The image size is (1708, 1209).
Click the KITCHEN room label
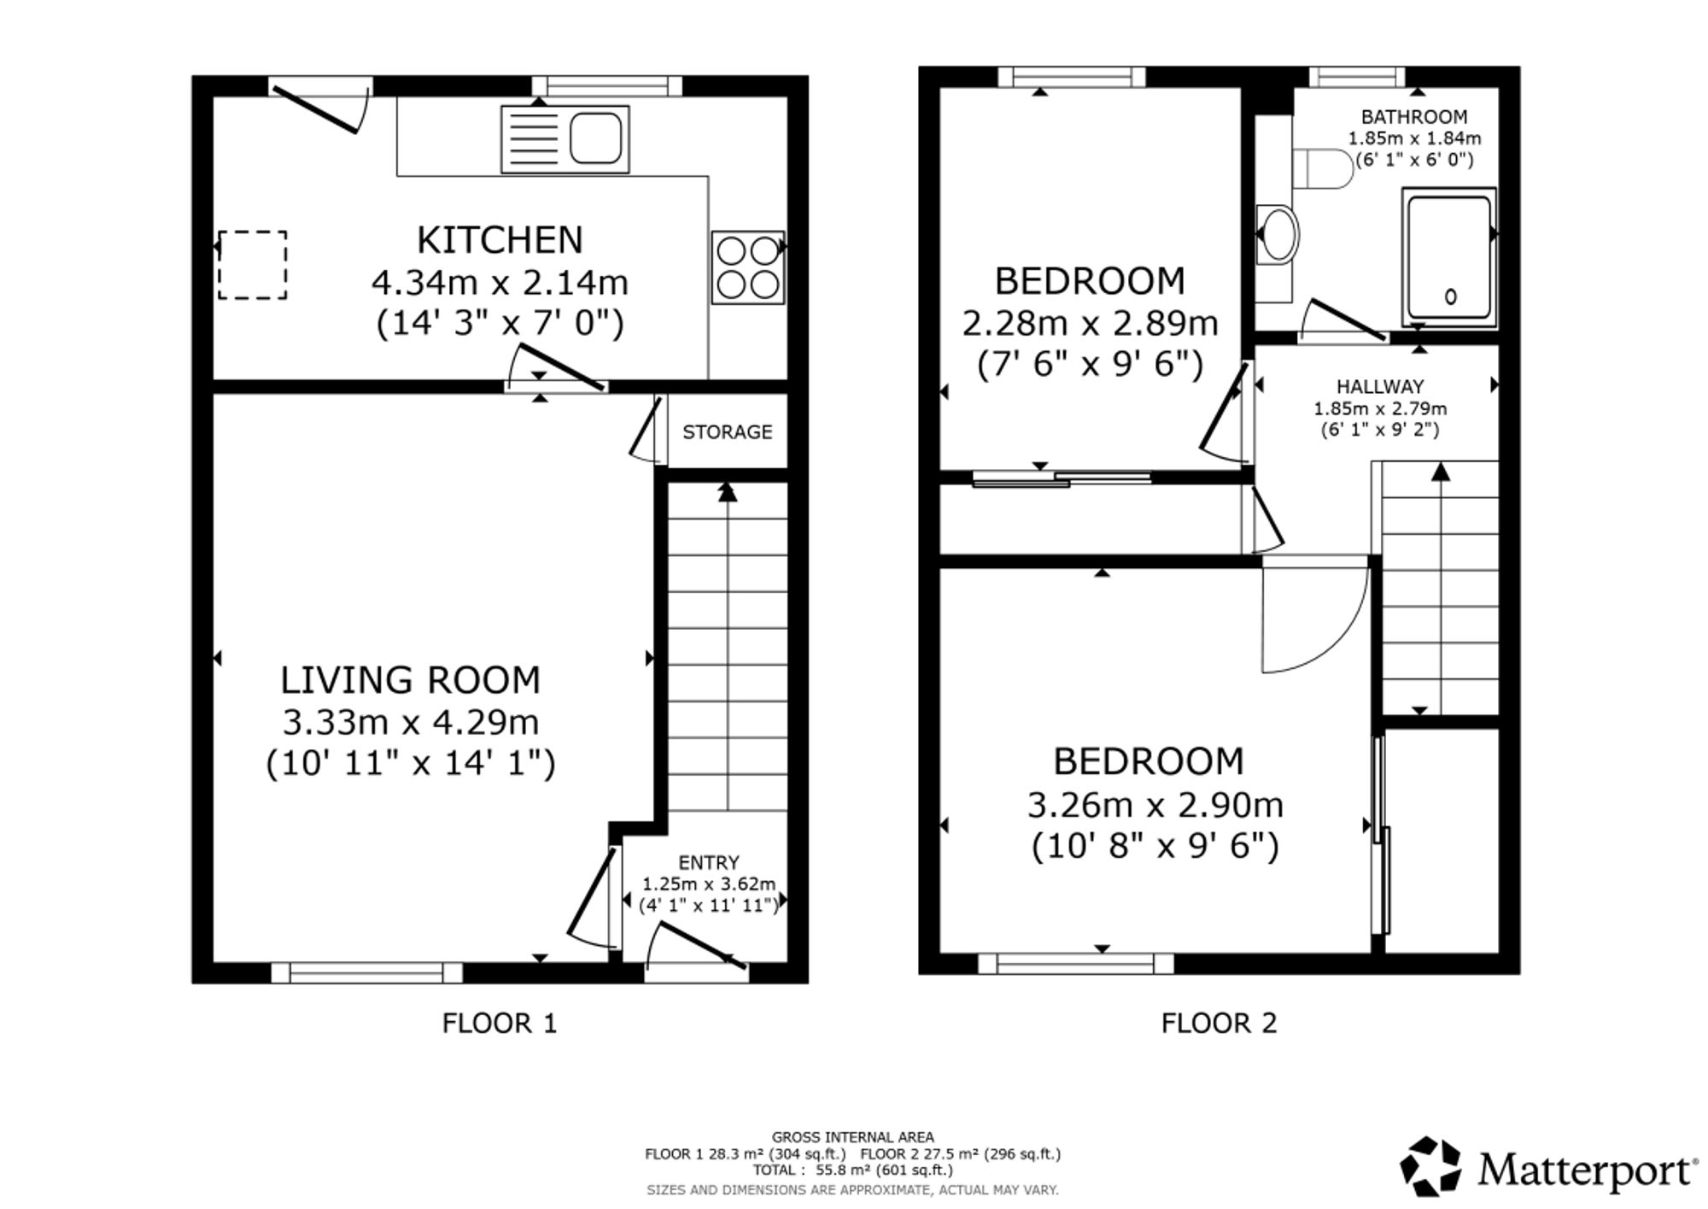click(x=500, y=240)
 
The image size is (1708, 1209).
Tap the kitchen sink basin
click(x=595, y=138)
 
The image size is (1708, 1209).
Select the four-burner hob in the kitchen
click(x=748, y=267)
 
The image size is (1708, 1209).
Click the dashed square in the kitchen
click(x=252, y=265)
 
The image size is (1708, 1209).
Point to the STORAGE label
click(x=727, y=432)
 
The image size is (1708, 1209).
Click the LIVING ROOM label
click(x=411, y=680)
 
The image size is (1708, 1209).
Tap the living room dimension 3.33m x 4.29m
click(x=411, y=723)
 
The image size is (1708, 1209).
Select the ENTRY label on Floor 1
click(x=709, y=863)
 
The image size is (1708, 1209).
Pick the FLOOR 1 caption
click(x=500, y=1023)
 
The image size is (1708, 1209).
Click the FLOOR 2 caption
click(x=1219, y=1023)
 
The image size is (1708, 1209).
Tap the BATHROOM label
click(x=1414, y=117)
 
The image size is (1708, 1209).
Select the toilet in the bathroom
click(x=1323, y=168)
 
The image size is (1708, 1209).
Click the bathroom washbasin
click(x=1277, y=232)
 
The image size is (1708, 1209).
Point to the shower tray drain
click(x=1450, y=296)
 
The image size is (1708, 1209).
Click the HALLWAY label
click(x=1380, y=387)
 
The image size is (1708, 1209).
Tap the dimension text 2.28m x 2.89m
click(x=1090, y=324)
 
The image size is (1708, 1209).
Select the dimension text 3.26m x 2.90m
click(x=1155, y=805)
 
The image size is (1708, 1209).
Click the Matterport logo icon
click(x=1430, y=1166)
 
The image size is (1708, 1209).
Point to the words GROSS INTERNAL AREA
click(x=852, y=1137)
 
